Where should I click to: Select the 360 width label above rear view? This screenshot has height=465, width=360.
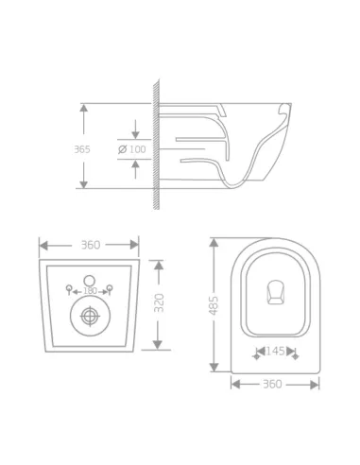point(90,245)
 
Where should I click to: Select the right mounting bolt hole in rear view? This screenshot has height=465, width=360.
point(110,287)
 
